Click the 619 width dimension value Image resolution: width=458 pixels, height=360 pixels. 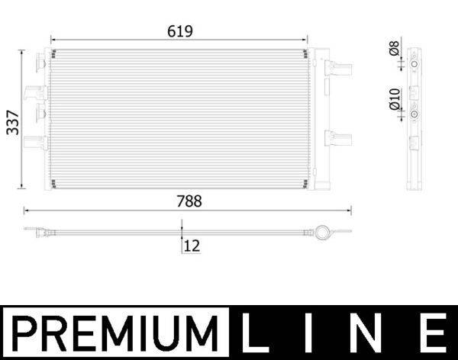click(179, 31)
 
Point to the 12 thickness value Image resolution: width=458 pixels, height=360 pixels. click(192, 246)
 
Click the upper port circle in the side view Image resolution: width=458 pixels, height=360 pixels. click(414, 66)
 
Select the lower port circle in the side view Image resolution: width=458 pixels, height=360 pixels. click(414, 114)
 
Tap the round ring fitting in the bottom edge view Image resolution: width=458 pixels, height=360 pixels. click(324, 231)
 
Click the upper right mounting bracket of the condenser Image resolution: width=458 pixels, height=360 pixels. click(337, 68)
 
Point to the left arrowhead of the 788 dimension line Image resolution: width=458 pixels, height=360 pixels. click(27, 210)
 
